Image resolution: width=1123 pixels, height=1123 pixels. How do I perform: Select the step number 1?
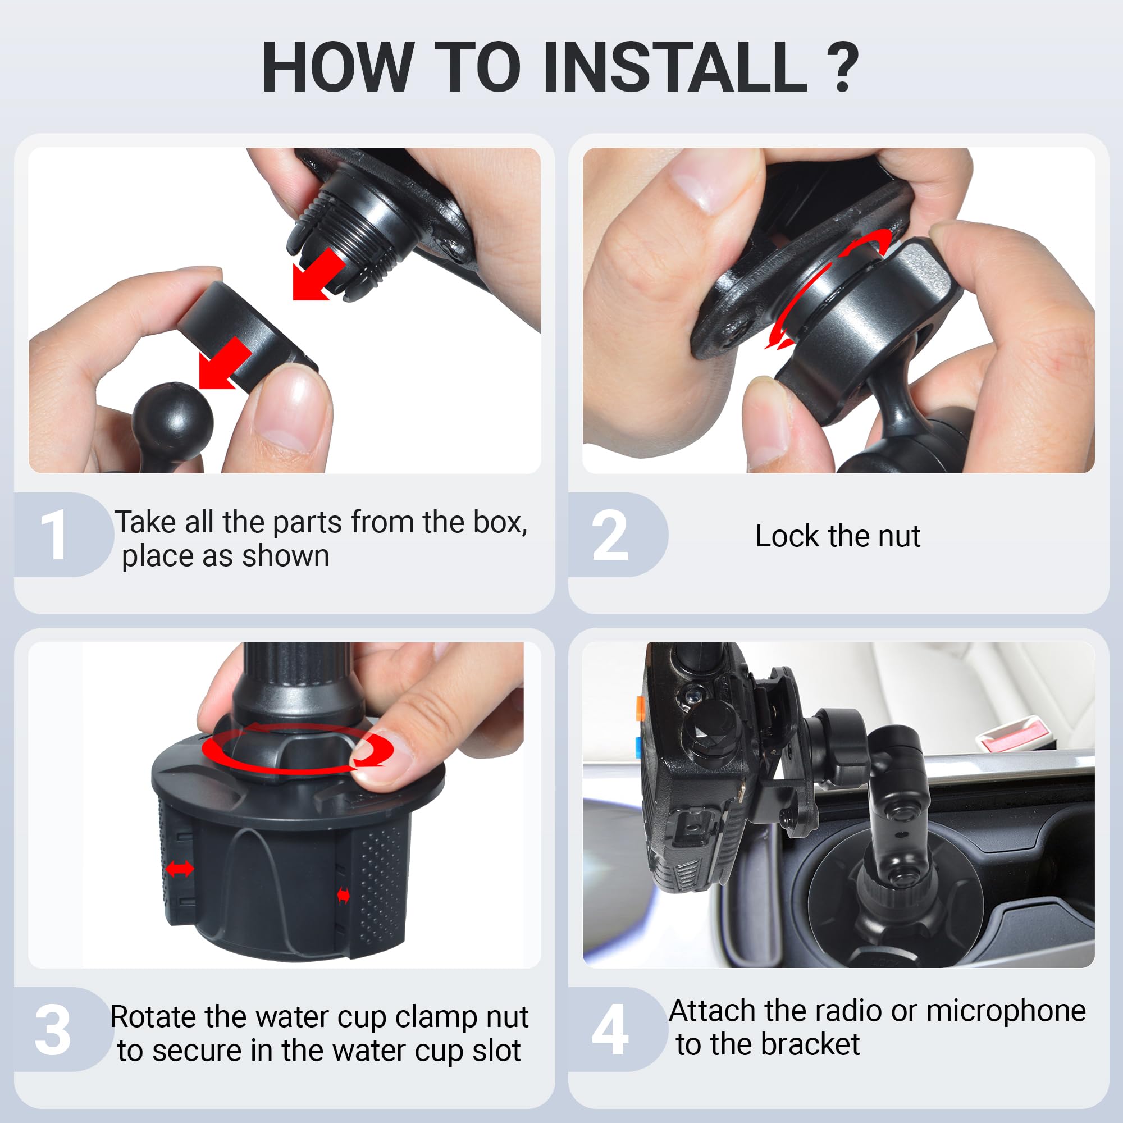point(53,534)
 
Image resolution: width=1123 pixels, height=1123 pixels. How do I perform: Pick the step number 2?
point(610,535)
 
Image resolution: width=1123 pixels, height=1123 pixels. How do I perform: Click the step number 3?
point(53,1030)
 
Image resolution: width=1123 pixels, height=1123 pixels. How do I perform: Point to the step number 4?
point(610,1029)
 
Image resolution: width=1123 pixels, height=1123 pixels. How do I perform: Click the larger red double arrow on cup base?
point(180,870)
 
